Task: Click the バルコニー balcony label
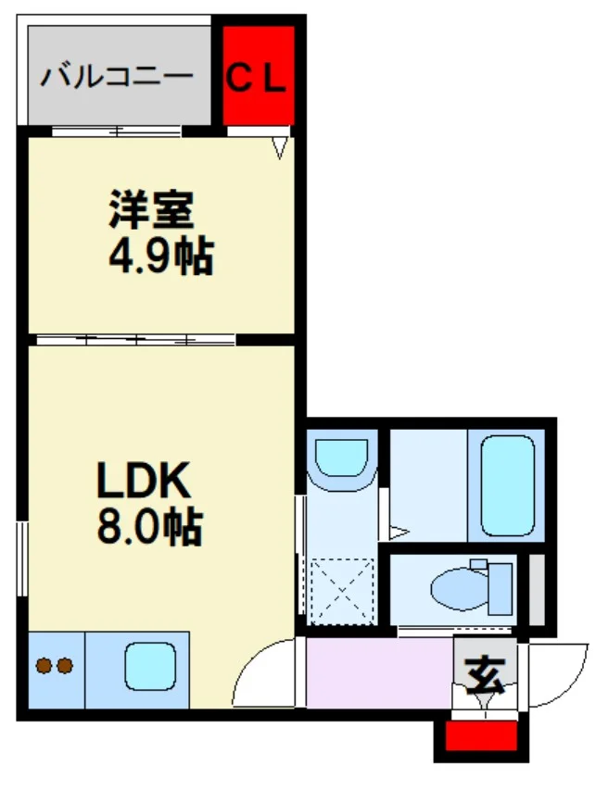tap(117, 77)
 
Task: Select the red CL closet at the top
tap(259, 75)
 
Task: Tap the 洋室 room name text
tap(151, 209)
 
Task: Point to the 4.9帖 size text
tap(161, 256)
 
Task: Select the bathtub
tap(507, 485)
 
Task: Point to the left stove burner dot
tap(44, 666)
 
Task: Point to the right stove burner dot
tap(65, 666)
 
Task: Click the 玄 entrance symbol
tap(485, 675)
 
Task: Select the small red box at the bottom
tap(481, 735)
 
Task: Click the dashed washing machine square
tap(341, 591)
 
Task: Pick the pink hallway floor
tap(379, 672)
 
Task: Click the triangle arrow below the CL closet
tap(280, 148)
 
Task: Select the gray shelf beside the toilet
tap(537, 589)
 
